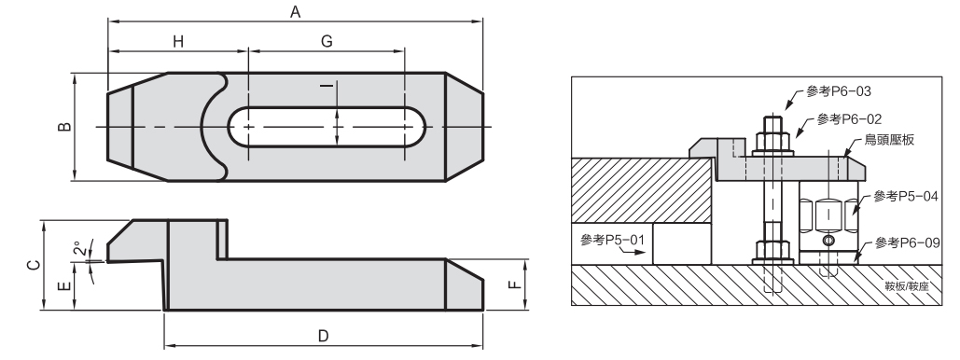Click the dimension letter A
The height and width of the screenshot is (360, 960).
pyautogui.click(x=295, y=11)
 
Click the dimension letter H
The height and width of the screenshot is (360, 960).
pyautogui.click(x=177, y=41)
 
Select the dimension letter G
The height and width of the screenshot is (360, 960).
pyautogui.click(x=327, y=41)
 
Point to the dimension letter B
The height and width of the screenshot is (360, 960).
pyautogui.click(x=64, y=128)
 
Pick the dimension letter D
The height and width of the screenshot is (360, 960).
pyautogui.click(x=323, y=336)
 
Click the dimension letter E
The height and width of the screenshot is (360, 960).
pyautogui.click(x=67, y=286)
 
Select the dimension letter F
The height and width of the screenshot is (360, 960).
pyautogui.click(x=515, y=284)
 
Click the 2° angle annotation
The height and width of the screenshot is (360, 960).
pyautogui.click(x=79, y=249)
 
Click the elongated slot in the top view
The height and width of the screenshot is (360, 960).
pyautogui.click(x=327, y=128)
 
